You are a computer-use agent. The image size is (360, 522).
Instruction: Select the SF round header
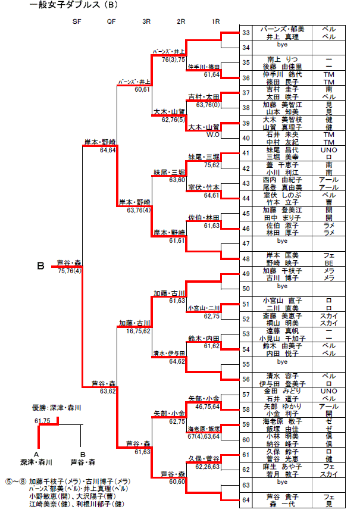click(x=76, y=22)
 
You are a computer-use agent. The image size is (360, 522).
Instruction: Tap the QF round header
click(x=111, y=22)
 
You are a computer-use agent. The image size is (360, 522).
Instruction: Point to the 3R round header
click(x=146, y=22)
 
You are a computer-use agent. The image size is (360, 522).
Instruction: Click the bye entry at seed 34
click(x=283, y=46)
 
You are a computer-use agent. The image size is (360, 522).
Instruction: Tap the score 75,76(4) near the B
click(x=70, y=270)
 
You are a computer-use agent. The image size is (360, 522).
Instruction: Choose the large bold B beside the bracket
click(x=40, y=266)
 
